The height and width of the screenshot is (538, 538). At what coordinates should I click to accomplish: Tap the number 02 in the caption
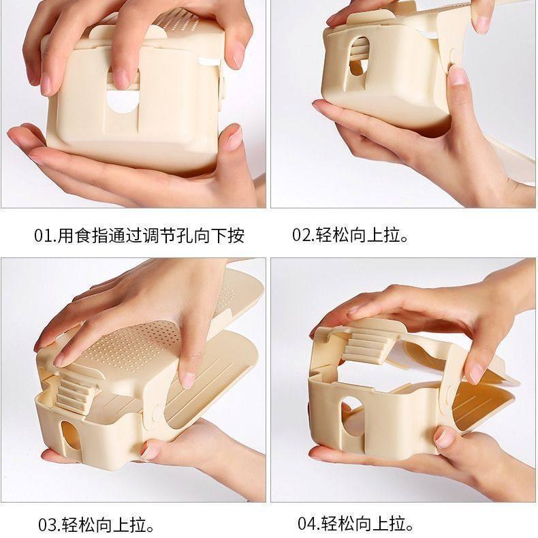pos(302,236)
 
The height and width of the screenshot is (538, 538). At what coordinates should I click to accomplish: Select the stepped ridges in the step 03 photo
pos(76,392)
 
